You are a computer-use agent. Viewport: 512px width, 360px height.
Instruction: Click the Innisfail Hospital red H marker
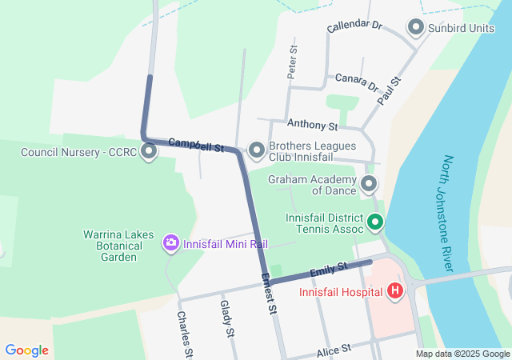pyautogui.click(x=394, y=291)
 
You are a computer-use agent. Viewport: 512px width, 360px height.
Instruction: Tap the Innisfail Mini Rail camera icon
pyautogui.click(x=170, y=243)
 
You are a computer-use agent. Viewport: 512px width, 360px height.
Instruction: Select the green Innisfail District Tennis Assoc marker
pyautogui.click(x=375, y=222)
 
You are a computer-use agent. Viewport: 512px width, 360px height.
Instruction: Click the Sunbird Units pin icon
pyautogui.click(x=416, y=29)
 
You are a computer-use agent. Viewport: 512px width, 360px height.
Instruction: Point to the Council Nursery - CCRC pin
pyautogui.click(x=149, y=151)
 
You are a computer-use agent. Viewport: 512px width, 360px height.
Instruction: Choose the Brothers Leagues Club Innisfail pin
pyautogui.click(x=257, y=150)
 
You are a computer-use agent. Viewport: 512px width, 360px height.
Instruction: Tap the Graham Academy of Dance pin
pyautogui.click(x=369, y=186)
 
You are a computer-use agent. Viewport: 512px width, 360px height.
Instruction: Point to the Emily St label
pyautogui.click(x=330, y=269)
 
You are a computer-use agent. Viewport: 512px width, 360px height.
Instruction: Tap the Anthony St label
pyautogui.click(x=313, y=125)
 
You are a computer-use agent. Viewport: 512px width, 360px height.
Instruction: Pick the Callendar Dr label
pyautogui.click(x=355, y=26)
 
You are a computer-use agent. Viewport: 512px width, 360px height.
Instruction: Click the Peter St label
pyautogui.click(x=293, y=62)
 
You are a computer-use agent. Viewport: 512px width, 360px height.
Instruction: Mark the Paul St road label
pyautogui.click(x=390, y=90)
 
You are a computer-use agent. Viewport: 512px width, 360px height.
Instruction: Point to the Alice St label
pyautogui.click(x=334, y=349)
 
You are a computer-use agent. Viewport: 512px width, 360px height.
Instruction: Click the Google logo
pyautogui.click(x=26, y=350)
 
